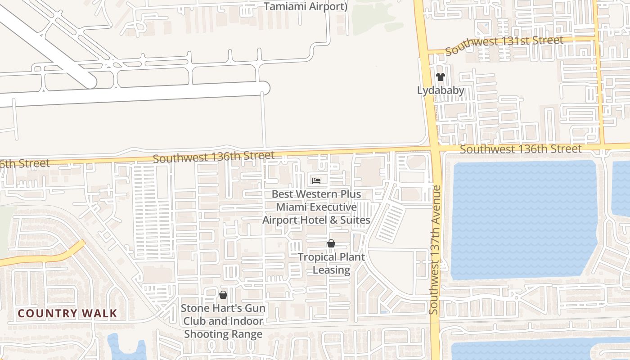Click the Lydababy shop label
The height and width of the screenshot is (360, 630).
(x=441, y=90)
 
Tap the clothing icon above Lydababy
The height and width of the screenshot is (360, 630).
(x=441, y=77)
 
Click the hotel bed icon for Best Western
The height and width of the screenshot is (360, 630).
(x=316, y=181)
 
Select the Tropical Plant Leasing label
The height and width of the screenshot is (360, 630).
(x=331, y=263)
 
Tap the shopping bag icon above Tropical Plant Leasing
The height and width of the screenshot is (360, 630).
(x=331, y=244)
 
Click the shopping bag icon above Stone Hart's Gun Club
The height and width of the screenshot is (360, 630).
(x=223, y=295)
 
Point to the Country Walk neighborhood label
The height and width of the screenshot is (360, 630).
(x=67, y=314)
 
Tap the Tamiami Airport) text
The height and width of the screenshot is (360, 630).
(x=306, y=7)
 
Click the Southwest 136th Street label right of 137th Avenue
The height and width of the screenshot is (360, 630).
(x=521, y=149)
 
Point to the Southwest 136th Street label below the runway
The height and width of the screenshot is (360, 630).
(x=213, y=157)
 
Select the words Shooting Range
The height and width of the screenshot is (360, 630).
(x=223, y=334)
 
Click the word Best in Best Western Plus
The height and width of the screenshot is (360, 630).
(x=282, y=194)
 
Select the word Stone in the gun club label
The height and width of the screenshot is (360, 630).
(x=195, y=308)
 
